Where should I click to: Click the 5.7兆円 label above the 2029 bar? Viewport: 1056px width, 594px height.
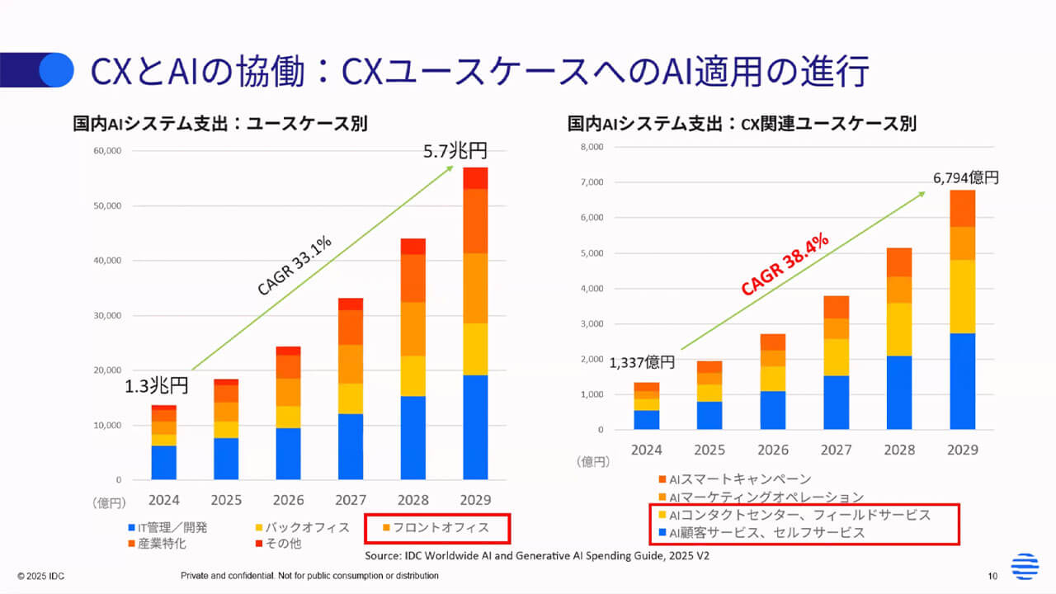pos(455,151)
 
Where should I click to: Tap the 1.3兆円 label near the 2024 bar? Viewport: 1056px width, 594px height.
pos(157,385)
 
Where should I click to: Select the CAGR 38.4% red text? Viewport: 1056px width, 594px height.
pos(784,264)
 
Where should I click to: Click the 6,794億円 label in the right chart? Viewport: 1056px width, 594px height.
pos(965,177)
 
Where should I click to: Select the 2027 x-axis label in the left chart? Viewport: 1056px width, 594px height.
pos(351,499)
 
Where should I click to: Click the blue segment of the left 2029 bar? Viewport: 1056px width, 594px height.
pos(474,427)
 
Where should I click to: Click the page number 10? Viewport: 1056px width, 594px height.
pos(992,575)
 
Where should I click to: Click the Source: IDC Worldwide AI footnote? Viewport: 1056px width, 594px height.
pos(537,556)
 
